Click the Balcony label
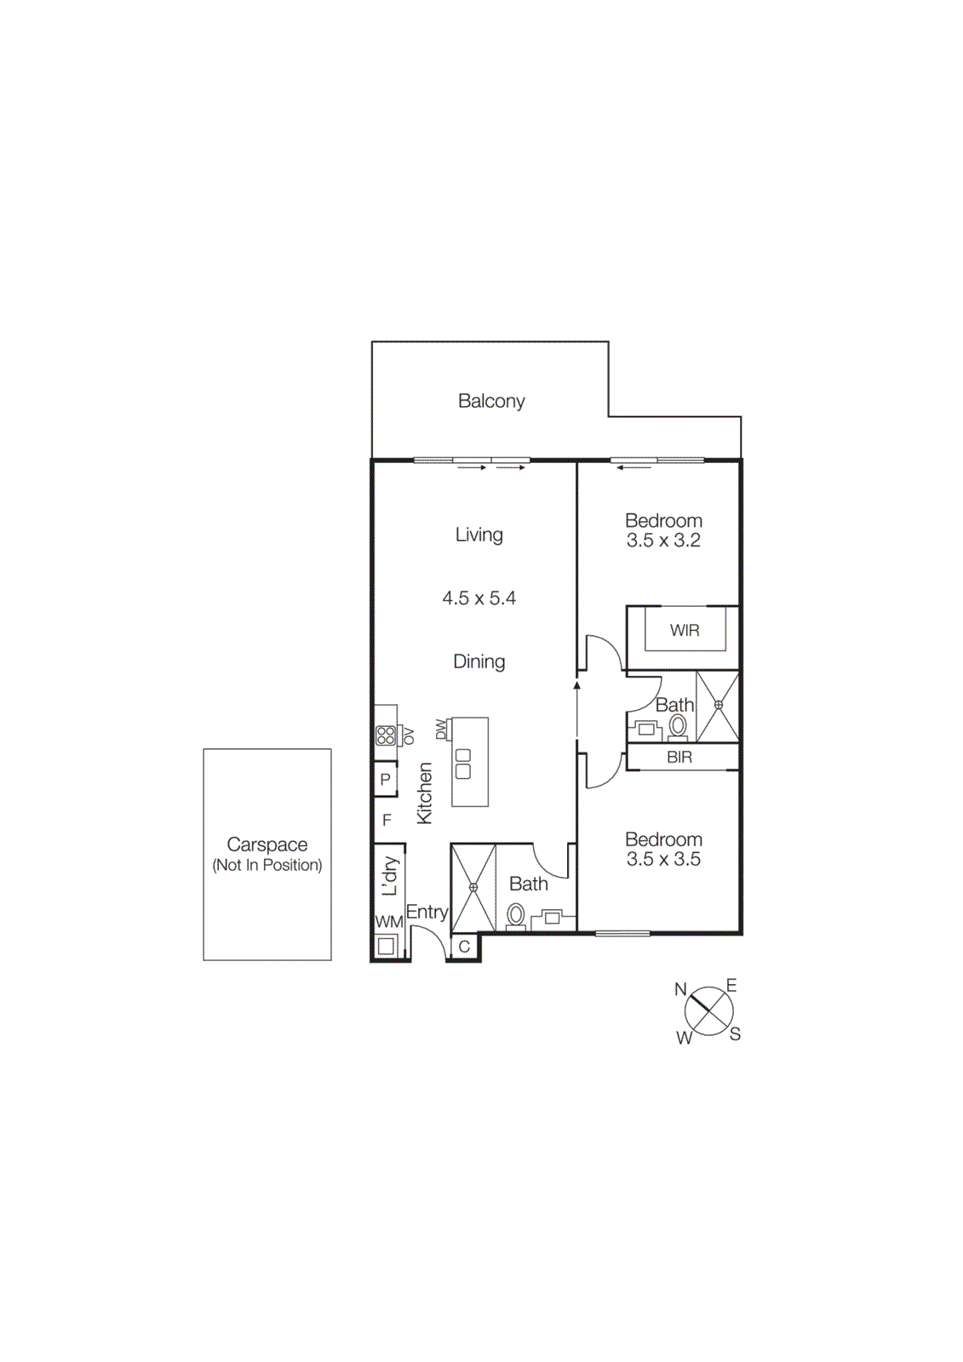491,401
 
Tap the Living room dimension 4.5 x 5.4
479,598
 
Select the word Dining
479,661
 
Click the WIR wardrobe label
685,631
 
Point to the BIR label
679,757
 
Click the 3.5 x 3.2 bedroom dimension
663,541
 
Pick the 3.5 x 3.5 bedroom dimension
663,860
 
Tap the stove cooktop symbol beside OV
386,735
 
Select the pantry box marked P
386,779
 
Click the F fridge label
387,820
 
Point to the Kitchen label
424,793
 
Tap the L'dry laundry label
390,876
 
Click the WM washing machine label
389,922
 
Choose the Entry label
427,912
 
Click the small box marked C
464,947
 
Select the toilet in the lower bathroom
515,916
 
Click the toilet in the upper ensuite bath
678,726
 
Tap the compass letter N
680,989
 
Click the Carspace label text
267,844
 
